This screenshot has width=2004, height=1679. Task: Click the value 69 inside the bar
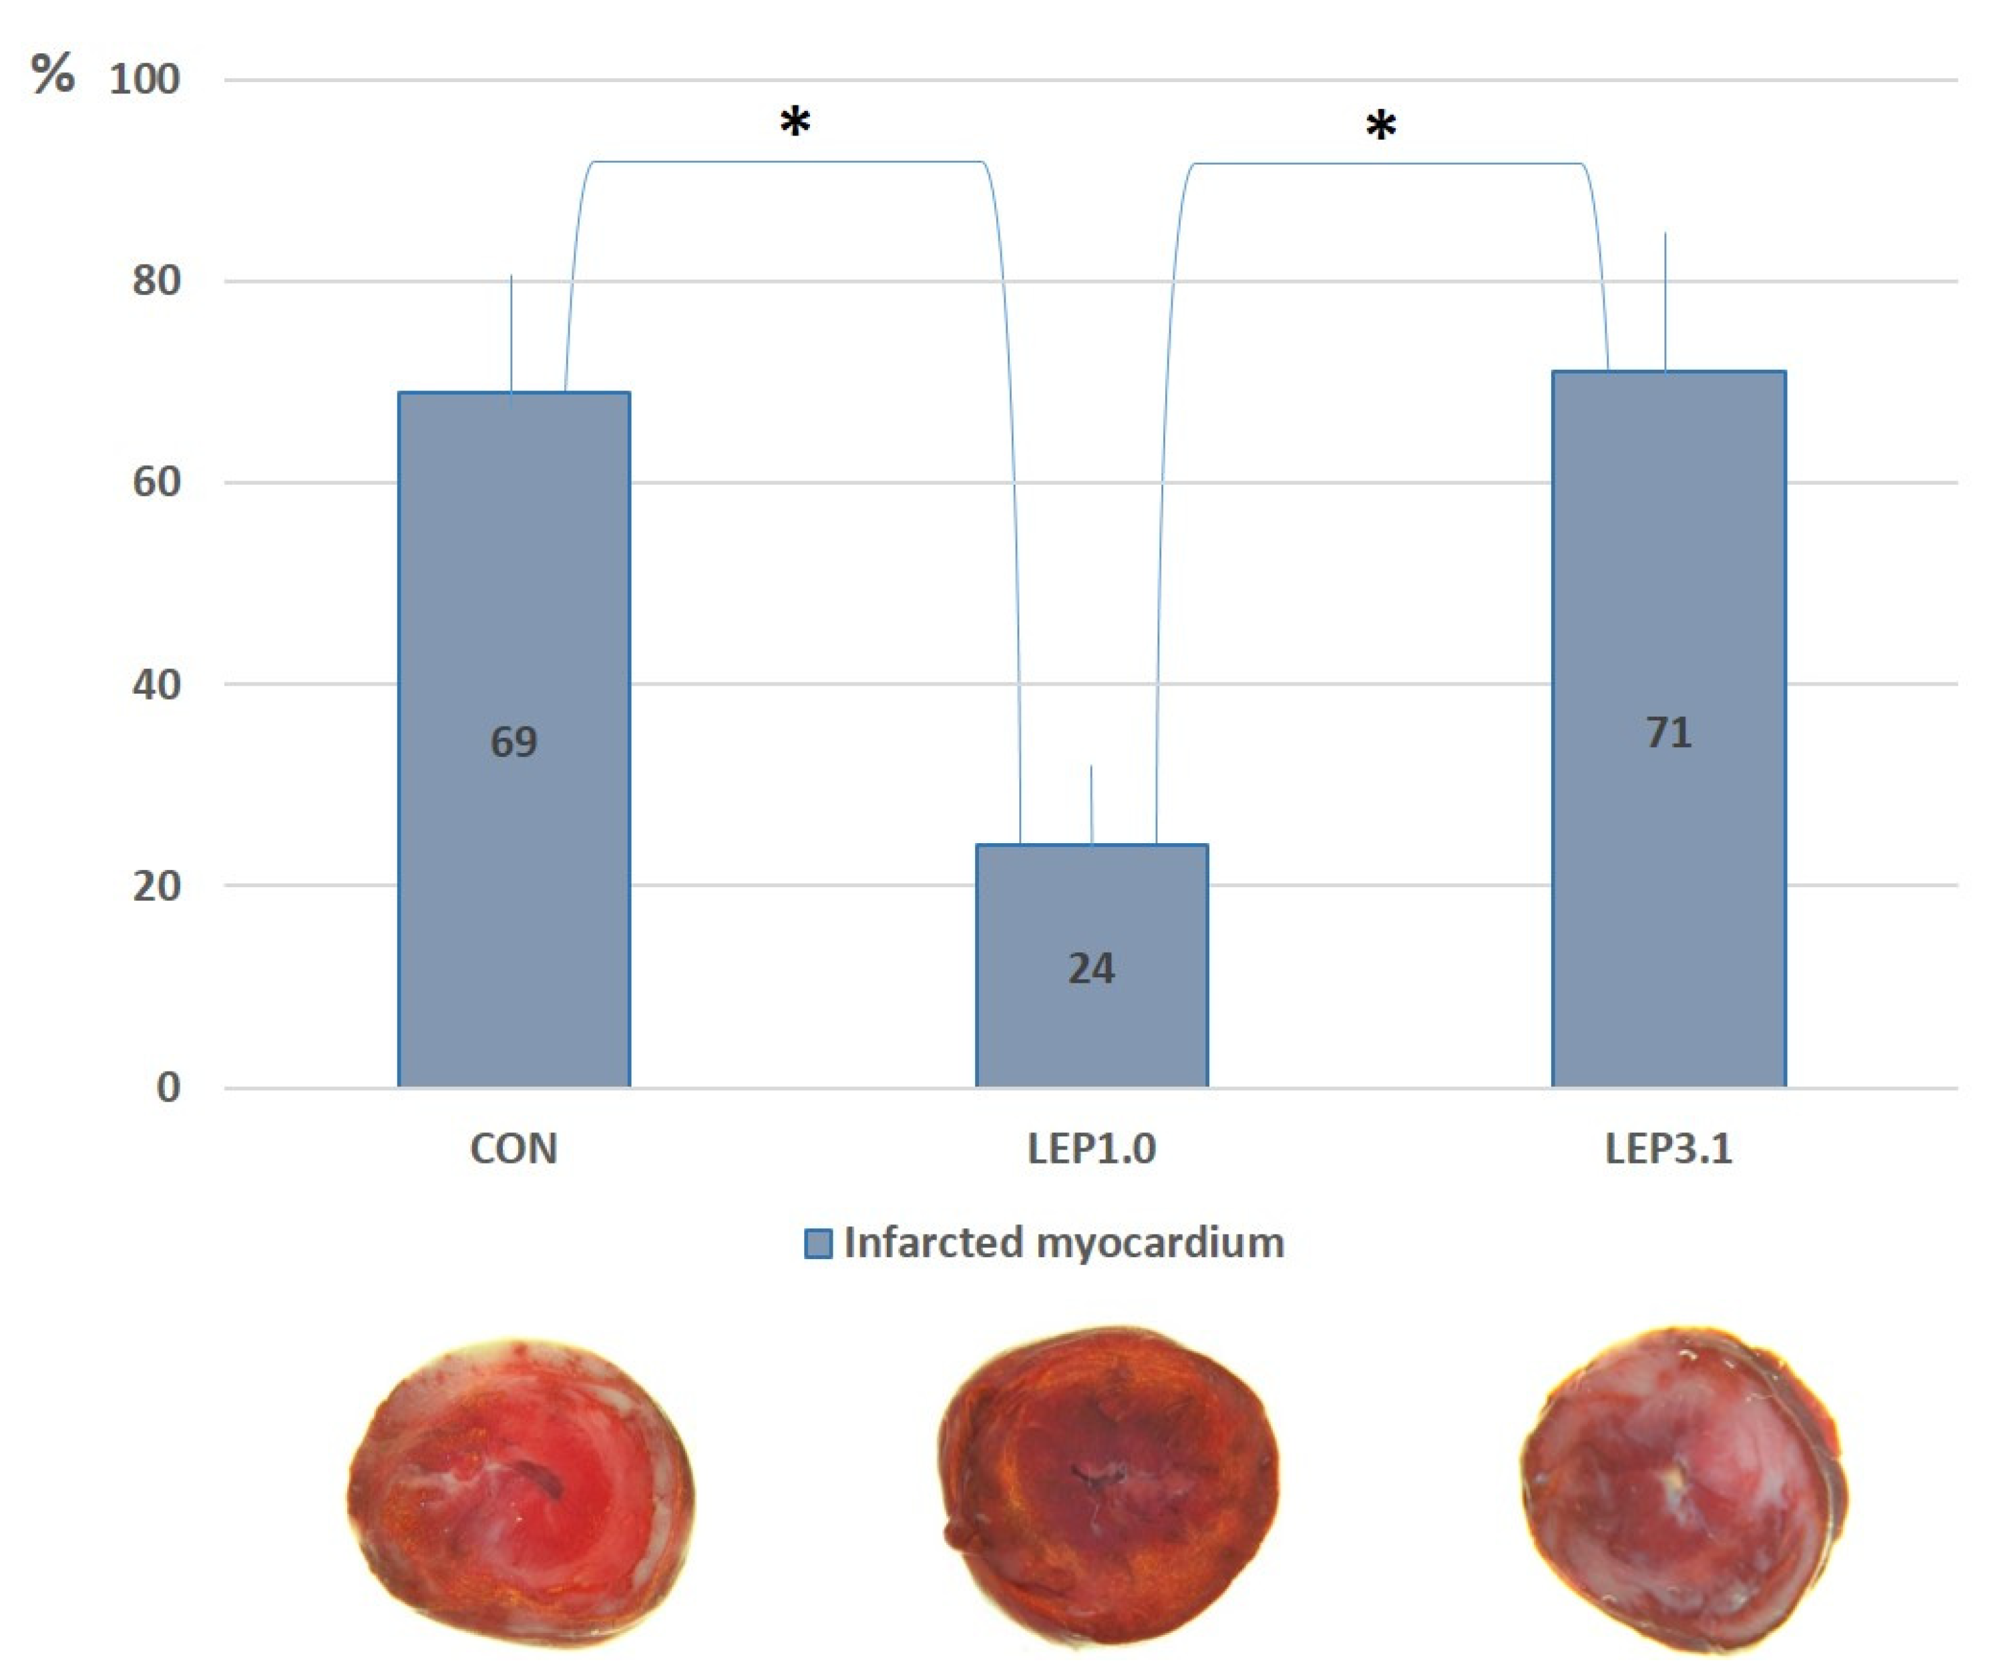(514, 741)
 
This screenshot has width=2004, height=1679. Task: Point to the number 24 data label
(1090, 968)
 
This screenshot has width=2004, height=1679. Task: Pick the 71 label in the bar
(1668, 732)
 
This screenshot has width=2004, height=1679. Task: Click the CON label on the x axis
(514, 1148)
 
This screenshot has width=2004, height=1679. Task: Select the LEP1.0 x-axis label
(1092, 1148)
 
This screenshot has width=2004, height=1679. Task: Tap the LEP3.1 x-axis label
(1668, 1148)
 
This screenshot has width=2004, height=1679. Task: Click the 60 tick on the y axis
(156, 482)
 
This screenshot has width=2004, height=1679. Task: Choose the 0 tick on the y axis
(168, 1088)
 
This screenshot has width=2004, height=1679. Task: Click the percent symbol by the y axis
(53, 73)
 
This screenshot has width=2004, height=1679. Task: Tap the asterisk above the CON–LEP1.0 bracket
(795, 123)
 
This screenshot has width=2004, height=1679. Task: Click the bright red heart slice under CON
(520, 1493)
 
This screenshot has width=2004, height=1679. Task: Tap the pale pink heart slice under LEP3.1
(1684, 1488)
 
